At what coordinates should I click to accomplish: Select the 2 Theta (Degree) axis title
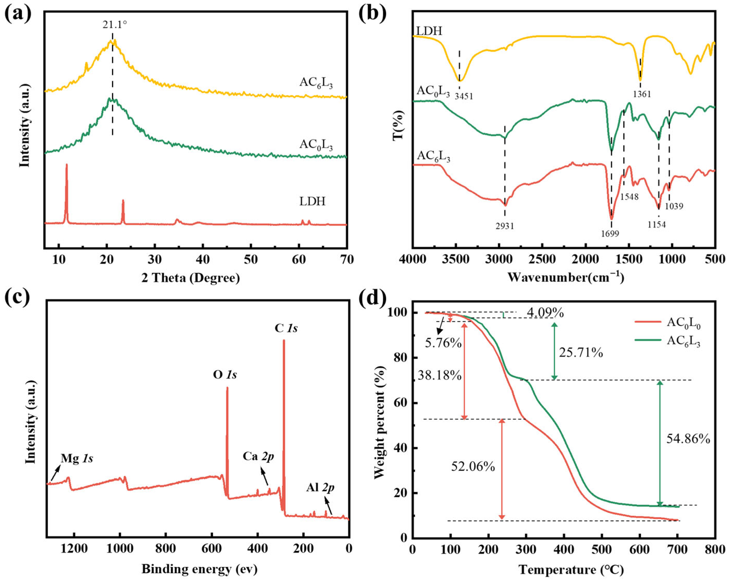click(191, 278)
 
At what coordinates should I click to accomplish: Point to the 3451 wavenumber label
click(464, 96)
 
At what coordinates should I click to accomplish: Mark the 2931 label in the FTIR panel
click(504, 226)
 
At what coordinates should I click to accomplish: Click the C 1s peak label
click(286, 328)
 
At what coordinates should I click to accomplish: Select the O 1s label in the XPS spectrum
click(225, 375)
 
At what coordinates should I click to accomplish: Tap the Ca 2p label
click(258, 456)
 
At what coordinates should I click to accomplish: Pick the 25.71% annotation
click(581, 353)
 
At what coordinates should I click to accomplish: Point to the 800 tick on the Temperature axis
click(715, 550)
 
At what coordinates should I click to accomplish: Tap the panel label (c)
click(18, 298)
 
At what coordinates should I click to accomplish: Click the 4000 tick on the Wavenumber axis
click(414, 259)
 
